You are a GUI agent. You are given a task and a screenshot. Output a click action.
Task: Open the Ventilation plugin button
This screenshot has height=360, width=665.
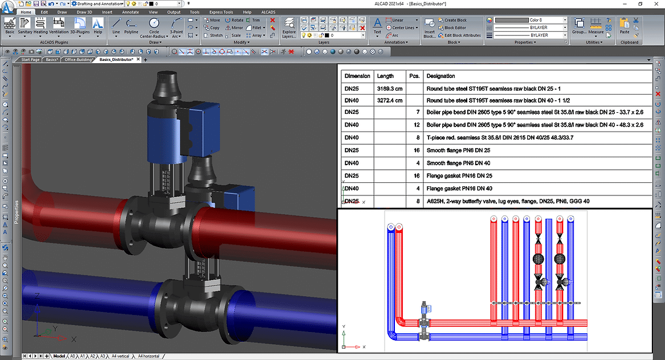[59, 26]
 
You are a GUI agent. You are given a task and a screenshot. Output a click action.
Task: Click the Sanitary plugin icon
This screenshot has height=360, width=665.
[25, 26]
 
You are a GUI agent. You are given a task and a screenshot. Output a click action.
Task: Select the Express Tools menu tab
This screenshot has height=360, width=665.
[220, 12]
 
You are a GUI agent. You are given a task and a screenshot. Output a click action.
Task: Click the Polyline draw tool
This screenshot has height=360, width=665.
[132, 26]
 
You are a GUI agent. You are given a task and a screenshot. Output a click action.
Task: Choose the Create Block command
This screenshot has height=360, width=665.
[454, 20]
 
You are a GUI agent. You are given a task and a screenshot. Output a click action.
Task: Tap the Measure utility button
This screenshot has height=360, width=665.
[595, 26]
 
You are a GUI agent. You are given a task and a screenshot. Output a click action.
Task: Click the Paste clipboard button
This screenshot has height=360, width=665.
[625, 26]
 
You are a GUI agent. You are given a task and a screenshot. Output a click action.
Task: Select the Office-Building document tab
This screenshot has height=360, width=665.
[79, 59]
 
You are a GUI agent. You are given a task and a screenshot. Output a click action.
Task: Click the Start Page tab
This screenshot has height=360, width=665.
[30, 59]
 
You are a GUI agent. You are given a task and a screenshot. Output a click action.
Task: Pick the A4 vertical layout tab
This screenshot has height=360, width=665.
[120, 356]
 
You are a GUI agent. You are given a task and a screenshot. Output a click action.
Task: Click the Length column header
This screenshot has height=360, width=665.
[385, 76]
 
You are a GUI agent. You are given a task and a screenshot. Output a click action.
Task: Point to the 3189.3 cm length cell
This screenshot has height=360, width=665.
[390, 88]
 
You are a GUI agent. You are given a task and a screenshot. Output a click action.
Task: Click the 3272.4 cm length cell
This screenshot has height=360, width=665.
[390, 100]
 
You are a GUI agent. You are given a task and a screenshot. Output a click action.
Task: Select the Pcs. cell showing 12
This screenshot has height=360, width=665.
[417, 125]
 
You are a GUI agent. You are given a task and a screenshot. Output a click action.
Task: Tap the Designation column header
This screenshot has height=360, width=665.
[440, 76]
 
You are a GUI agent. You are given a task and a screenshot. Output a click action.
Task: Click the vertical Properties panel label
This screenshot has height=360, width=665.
[17, 212]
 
